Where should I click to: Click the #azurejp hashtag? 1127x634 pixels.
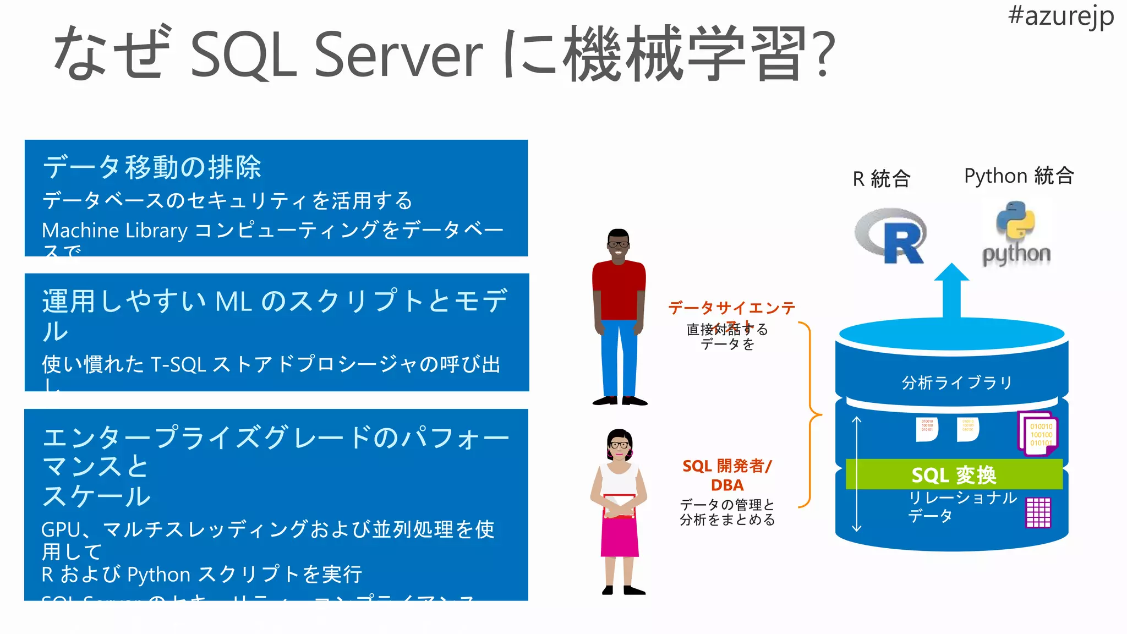tap(1060, 16)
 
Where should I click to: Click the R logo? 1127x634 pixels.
tap(891, 236)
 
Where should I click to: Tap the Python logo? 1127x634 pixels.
tap(1016, 234)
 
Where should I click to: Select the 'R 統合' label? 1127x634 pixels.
tap(882, 179)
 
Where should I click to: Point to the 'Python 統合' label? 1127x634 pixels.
tap(1019, 176)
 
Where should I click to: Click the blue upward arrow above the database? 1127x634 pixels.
tap(951, 292)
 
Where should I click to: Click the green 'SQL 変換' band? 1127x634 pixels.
tap(954, 474)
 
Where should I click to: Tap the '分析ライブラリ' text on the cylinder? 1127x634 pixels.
tap(957, 382)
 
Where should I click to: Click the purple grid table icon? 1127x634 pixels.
tap(1038, 512)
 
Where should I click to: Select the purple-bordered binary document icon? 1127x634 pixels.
tap(1038, 434)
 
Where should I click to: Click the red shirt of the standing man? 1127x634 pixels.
tap(619, 289)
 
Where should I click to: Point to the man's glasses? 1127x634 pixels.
tap(619, 244)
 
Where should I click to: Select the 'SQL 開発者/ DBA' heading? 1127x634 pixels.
tap(727, 475)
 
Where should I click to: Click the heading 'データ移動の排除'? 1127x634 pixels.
tap(152, 167)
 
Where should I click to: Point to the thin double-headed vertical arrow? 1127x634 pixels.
tap(856, 474)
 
